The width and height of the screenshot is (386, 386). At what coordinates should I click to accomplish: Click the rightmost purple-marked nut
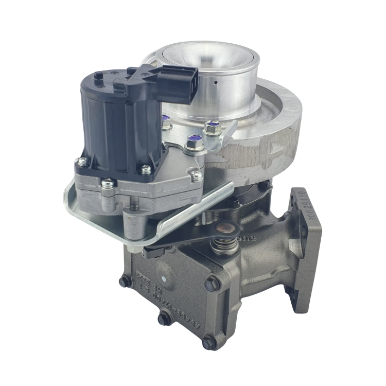click(211, 126)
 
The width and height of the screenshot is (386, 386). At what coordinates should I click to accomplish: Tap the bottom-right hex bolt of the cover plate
click(207, 340)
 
